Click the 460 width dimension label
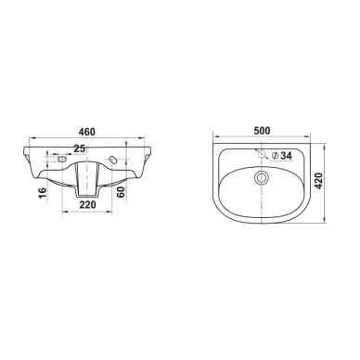click(x=86, y=132)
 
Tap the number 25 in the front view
click(x=80, y=148)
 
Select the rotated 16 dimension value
click(x=43, y=192)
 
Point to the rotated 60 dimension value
click(x=121, y=192)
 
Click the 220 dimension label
click(x=87, y=204)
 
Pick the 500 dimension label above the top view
click(x=262, y=131)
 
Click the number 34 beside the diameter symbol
click(x=286, y=156)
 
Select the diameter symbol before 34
click(x=275, y=156)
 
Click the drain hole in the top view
click(x=262, y=178)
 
